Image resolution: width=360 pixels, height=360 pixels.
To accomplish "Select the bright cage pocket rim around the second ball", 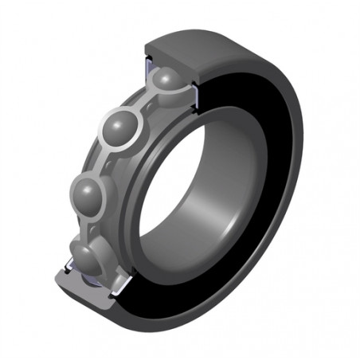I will pyautogui.click(x=137, y=119).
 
